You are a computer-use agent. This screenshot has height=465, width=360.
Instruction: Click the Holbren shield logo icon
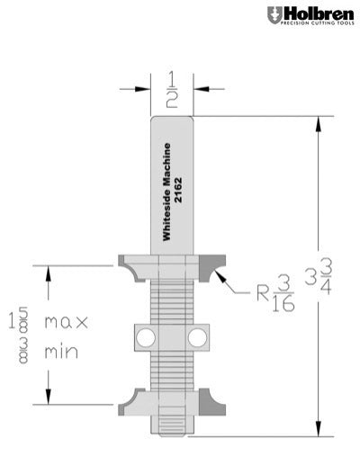point(273,14)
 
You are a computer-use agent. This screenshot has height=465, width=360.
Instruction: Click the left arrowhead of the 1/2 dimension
point(144,88)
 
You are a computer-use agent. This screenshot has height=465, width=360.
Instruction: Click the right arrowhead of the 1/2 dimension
point(200,88)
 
